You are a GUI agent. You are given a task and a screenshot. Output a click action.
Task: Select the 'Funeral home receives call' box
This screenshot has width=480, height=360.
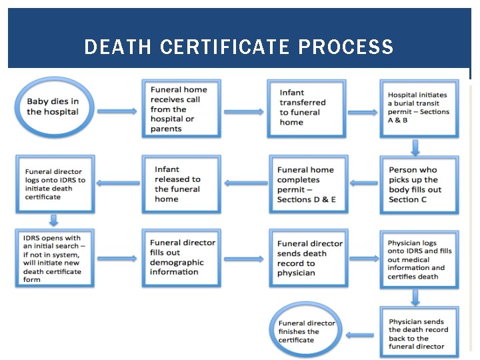pyautogui.click(x=177, y=109)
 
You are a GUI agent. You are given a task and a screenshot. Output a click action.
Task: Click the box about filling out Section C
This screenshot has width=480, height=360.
pyautogui.click(x=419, y=185)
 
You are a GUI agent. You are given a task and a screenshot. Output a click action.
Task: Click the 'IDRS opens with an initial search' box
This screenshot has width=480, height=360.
pyautogui.click(x=55, y=257)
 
